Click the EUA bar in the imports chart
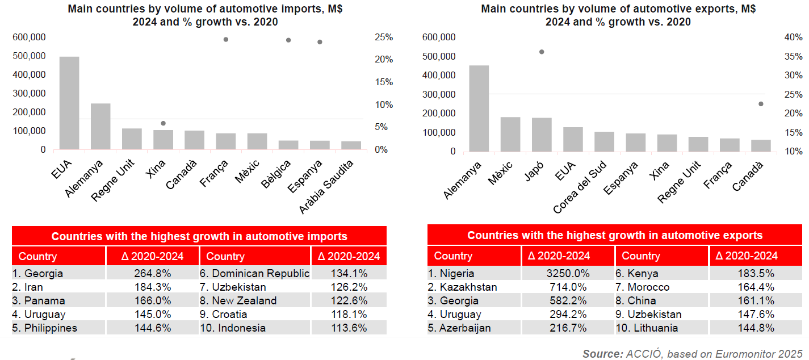pos(69,103)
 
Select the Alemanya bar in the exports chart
pos(479,108)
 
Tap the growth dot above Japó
pos(542,52)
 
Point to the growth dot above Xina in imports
pos(164,123)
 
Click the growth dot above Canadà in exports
pos(761,104)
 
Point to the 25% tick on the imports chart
pos(384,37)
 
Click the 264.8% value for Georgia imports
pos(152,273)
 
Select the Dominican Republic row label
pos(255,273)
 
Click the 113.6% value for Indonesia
pos(349,328)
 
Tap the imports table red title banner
pos(199,236)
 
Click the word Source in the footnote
pos(602,354)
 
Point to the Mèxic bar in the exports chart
pos(510,135)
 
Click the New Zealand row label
pos(238,300)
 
